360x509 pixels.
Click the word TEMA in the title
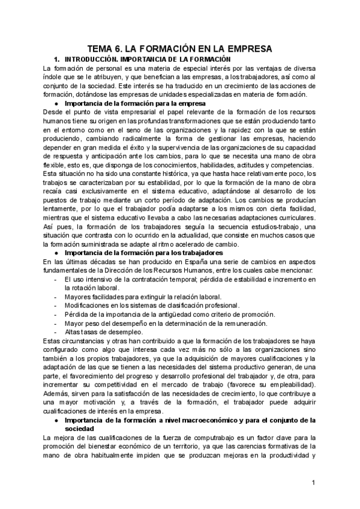click(101, 49)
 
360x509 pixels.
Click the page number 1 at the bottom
click(313, 483)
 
